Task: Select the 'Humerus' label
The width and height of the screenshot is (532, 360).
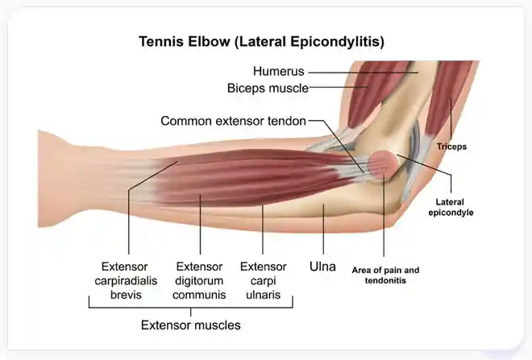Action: coord(279,72)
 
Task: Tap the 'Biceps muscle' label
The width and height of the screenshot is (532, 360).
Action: coord(268,88)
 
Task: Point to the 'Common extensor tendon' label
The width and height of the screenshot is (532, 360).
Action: coord(234,122)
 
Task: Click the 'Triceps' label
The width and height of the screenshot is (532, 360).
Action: coord(451,147)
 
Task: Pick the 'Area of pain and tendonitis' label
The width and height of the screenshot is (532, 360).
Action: coord(385,275)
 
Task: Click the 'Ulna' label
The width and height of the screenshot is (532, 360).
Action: coord(323,265)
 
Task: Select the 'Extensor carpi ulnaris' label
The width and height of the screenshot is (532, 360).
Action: coord(264,280)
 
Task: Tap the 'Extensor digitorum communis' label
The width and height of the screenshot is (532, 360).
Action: coord(199,280)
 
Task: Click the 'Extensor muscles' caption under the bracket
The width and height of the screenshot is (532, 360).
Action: coord(190,326)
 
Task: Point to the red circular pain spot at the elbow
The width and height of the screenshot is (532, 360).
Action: coord(382,165)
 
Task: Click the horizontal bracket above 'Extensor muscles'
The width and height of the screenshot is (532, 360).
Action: coord(190,306)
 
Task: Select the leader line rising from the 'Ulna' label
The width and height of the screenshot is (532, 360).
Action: coord(323,230)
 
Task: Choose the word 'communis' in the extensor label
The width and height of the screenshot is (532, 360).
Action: coord(199,294)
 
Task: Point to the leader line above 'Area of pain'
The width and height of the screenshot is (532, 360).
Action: coord(384,217)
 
